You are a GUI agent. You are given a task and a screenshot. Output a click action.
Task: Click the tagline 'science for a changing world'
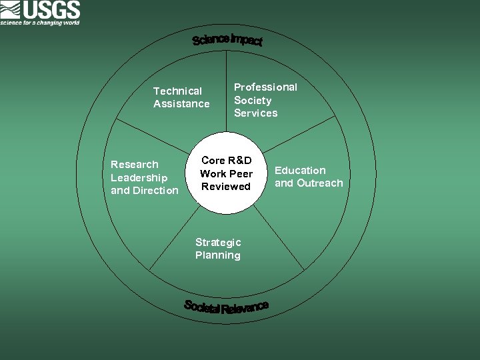40,23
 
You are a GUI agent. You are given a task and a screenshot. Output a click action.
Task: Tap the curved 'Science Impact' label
227,40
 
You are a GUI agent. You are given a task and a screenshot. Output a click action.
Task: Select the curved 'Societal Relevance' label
227,307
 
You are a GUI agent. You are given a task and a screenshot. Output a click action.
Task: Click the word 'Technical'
177,91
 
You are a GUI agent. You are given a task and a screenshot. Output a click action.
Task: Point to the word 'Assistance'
181,104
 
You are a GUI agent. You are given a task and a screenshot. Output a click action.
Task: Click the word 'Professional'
265,87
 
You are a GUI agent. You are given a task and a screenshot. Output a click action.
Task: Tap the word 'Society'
253,101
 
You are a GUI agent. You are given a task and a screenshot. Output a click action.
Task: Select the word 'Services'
255,113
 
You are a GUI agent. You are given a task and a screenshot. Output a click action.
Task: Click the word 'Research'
135,164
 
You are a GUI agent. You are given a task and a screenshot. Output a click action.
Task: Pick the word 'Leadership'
139,177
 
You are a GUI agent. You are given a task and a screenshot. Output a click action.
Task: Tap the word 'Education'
300,170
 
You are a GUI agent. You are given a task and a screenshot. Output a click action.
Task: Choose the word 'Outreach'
319,183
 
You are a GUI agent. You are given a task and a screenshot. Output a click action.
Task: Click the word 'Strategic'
218,242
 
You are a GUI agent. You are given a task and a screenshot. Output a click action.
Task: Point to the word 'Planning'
218,255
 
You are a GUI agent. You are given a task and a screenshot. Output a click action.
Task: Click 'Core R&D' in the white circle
227,161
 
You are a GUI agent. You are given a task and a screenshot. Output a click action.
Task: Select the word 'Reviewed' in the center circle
226,187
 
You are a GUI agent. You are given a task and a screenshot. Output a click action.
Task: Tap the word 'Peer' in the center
241,174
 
